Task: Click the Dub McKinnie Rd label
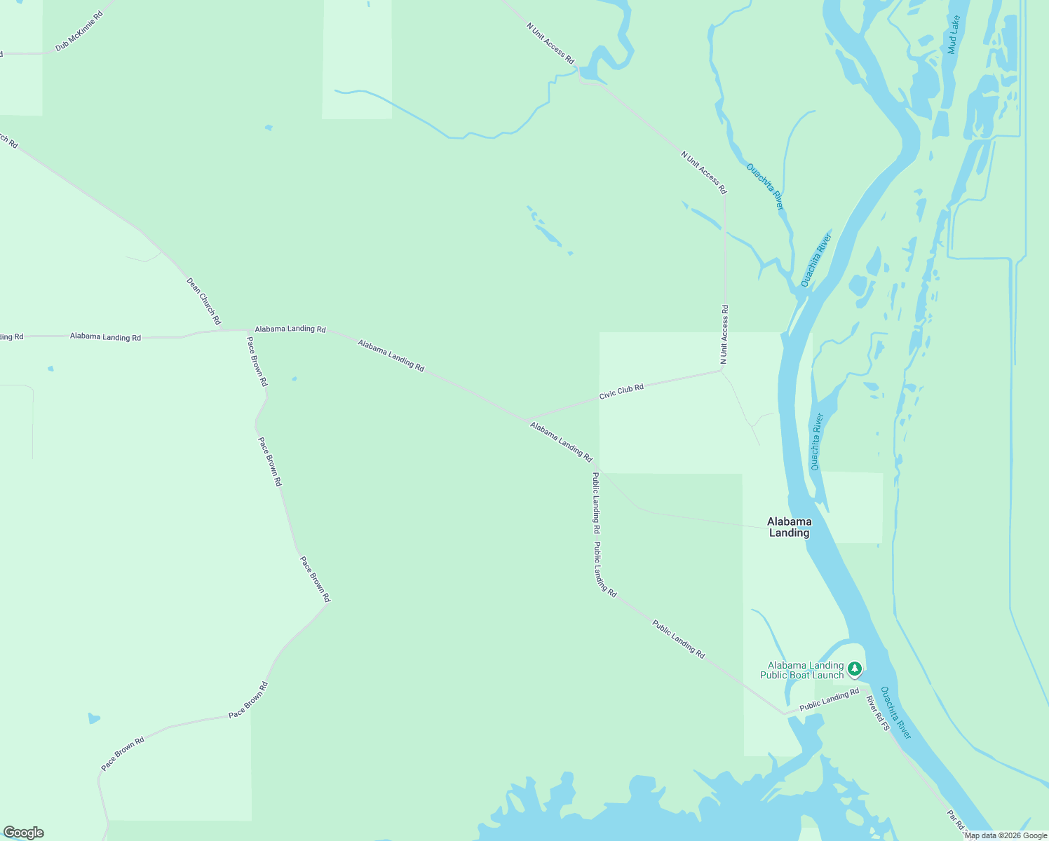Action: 79,32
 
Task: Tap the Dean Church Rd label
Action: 204,301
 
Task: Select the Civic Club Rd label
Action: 621,392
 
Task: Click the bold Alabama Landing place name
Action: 790,527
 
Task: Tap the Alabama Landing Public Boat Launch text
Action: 805,671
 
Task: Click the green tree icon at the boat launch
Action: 854,669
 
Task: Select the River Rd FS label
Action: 877,713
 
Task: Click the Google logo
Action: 23,833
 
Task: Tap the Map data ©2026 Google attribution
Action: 1006,835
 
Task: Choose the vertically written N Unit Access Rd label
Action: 724,334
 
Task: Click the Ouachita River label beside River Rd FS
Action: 896,713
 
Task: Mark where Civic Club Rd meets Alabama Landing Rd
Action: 526,419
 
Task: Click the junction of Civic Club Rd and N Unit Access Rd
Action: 723,370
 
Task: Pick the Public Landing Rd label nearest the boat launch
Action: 829,699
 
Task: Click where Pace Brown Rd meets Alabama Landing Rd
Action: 248,330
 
